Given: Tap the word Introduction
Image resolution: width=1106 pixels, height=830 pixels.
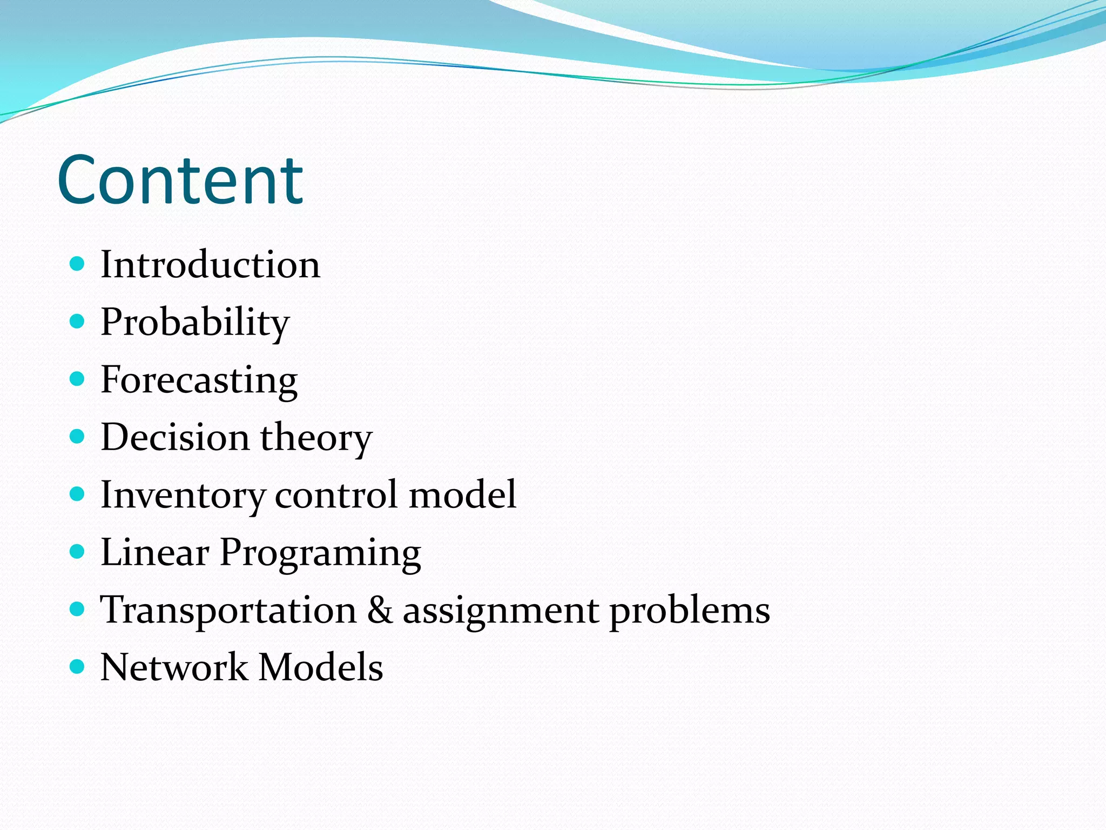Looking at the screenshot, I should coord(211,265).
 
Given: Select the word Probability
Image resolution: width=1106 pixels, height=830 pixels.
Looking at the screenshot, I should coord(195,323).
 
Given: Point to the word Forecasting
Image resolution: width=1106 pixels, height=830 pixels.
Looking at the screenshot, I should coord(199,380).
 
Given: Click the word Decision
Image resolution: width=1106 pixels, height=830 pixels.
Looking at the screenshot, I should coord(175,437).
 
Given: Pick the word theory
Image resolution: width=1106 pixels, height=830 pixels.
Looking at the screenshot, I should coord(316,438).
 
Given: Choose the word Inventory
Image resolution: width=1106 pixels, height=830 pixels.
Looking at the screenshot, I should coord(183,496).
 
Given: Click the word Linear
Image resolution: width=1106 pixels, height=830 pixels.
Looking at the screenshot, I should coord(155,553).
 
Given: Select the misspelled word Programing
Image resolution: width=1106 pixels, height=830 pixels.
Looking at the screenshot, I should coord(320,554).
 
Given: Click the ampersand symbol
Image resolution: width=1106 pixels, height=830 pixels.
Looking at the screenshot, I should coord(380,610).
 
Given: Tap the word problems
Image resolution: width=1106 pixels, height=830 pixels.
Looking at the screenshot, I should coord(690,611).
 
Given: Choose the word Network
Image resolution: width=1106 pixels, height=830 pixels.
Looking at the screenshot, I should coord(174,667).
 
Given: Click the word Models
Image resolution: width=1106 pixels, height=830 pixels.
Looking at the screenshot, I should coord(321,667).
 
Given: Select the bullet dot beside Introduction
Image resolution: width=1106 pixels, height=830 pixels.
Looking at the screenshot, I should coord(78,264).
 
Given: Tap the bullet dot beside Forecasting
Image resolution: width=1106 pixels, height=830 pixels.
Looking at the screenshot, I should coord(78,379).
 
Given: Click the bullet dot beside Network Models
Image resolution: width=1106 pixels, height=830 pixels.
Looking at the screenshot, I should coord(78,666).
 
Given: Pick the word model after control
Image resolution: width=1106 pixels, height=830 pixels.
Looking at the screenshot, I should coord(462,494).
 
